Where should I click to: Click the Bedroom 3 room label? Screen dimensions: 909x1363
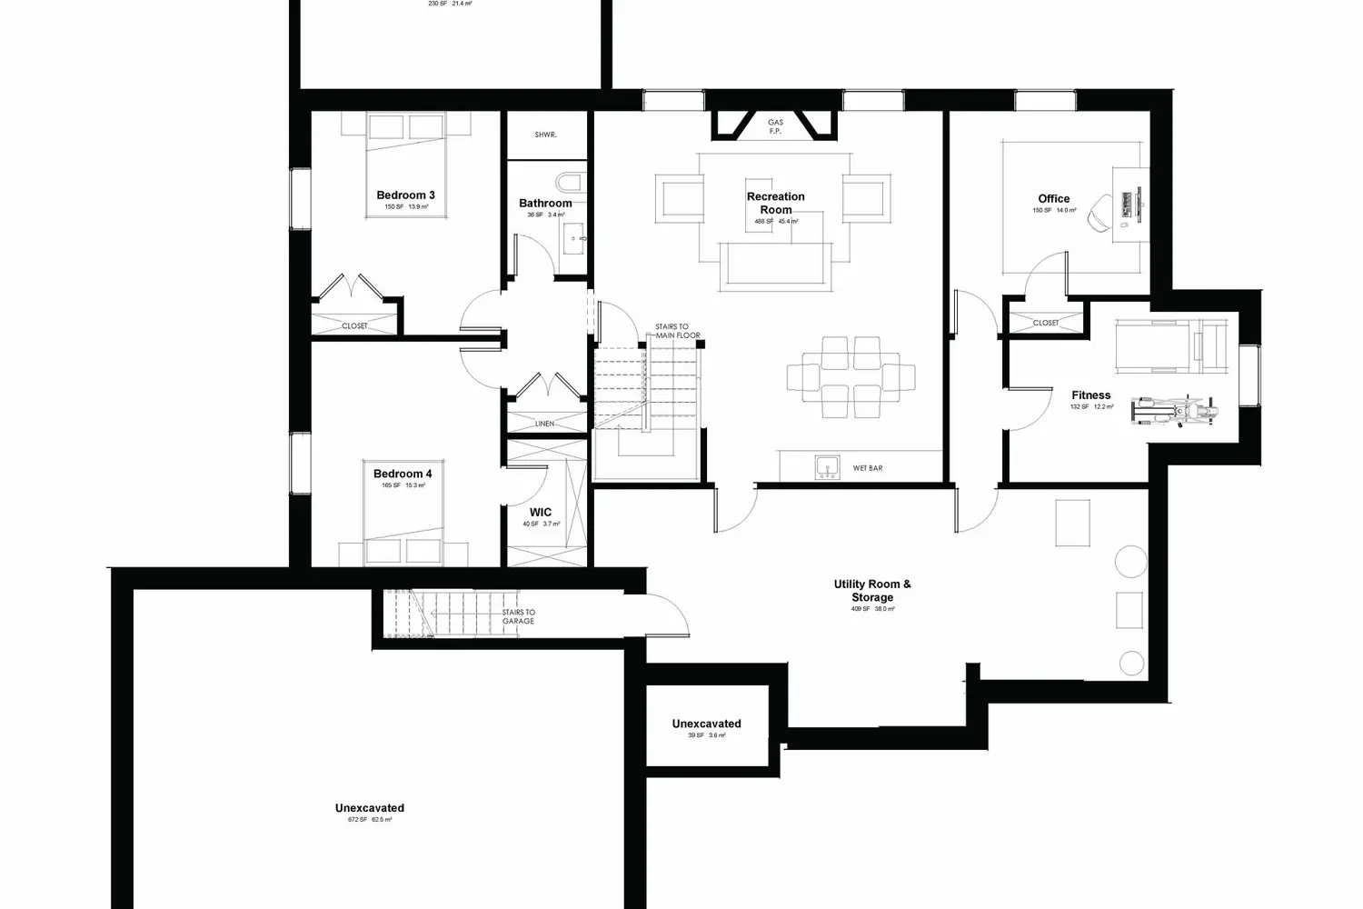(405, 195)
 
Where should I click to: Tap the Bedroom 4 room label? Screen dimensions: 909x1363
(403, 474)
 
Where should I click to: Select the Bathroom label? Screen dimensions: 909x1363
(545, 204)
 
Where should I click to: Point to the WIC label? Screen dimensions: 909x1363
(541, 513)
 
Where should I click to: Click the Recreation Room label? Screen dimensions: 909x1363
(775, 203)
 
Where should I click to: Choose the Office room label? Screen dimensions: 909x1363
(1054, 198)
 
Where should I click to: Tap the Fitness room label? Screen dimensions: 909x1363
(1090, 395)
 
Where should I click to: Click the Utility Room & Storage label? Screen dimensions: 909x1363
(872, 591)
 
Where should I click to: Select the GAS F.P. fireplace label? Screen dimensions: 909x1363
(775, 126)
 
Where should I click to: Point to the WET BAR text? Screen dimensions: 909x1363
(868, 469)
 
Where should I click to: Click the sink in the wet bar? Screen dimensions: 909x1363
(826, 468)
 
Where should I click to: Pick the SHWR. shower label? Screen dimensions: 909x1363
(545, 135)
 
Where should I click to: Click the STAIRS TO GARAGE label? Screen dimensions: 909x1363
(519, 616)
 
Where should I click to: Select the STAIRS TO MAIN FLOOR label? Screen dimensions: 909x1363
(678, 331)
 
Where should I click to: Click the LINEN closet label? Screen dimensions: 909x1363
(544, 424)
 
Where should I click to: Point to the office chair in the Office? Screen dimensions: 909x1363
(1100, 210)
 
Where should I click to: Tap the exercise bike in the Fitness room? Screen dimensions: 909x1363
(1177, 410)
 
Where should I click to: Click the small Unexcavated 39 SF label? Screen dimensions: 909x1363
(706, 724)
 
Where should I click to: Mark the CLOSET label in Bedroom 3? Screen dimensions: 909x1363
(354, 325)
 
